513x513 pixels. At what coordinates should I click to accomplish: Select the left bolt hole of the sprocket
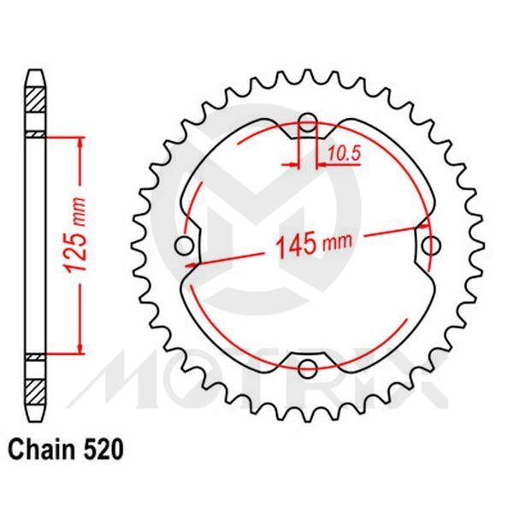[x=182, y=246]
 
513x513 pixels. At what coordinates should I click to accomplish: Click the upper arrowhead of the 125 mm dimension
[x=81, y=141]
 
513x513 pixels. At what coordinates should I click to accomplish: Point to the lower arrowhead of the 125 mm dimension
[x=81, y=346]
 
